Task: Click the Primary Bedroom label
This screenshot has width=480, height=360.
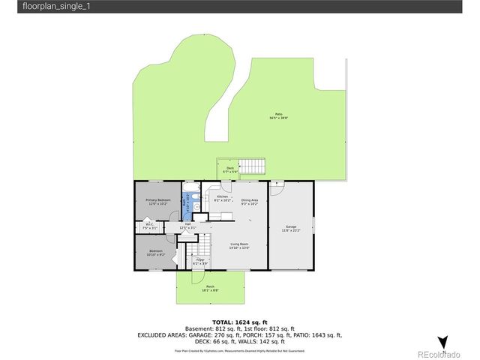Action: (x=157, y=201)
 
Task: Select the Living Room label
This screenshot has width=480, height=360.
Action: (x=239, y=245)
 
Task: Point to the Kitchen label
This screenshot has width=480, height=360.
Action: (x=221, y=198)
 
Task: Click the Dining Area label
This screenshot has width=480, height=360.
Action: (x=250, y=201)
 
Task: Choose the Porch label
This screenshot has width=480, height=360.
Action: (x=210, y=288)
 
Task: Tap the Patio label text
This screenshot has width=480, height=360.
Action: (x=279, y=115)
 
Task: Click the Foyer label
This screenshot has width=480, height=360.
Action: (x=200, y=261)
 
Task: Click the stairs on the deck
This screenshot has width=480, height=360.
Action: (x=256, y=166)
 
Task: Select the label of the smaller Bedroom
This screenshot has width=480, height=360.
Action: (x=155, y=252)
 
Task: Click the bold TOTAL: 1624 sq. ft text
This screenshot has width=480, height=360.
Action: (x=239, y=321)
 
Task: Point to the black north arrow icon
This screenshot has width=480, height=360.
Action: (x=442, y=342)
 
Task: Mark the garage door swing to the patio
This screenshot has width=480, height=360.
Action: (x=278, y=184)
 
